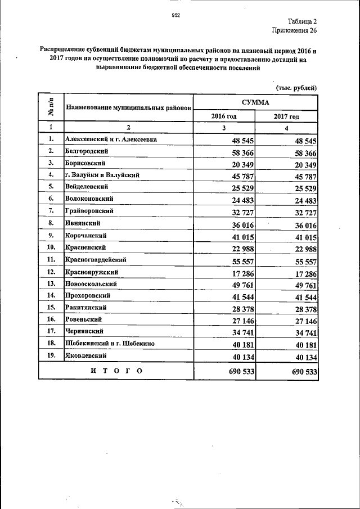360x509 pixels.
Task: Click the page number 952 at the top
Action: [x=175, y=15]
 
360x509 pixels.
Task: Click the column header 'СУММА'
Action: [x=255, y=102]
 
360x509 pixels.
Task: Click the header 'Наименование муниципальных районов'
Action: [x=129, y=106]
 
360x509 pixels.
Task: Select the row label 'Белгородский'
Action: [x=87, y=151]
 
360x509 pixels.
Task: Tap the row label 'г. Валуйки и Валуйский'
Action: [x=102, y=175]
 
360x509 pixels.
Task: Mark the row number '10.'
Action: [x=51, y=247]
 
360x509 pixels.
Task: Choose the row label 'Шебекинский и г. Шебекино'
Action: [x=110, y=343]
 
